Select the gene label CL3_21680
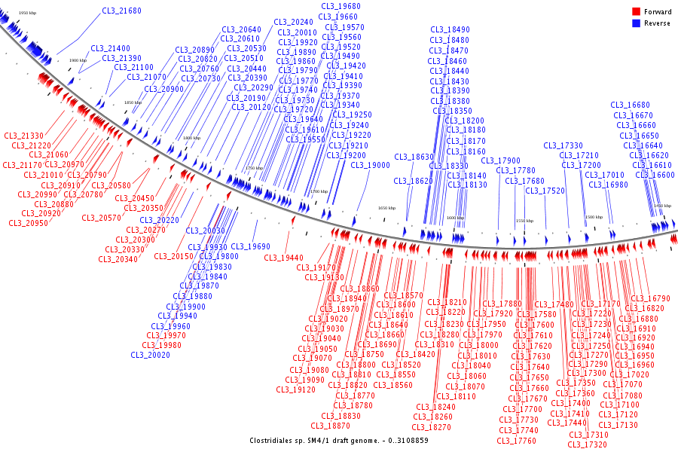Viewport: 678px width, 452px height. pos(121,11)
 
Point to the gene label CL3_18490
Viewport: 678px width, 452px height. pos(450,29)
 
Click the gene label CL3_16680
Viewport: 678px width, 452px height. pos(630,105)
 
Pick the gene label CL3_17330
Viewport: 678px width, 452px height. pos(563,145)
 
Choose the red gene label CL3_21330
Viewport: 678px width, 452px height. pos(23,136)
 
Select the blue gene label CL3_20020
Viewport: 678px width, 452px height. pos(150,355)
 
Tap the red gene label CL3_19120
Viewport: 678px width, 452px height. pos(295,389)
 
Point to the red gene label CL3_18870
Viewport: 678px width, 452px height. pos(341,426)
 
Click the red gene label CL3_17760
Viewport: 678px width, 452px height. pos(517,440)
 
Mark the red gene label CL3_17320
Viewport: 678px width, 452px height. pos(588,444)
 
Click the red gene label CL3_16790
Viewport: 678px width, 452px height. pos(650,298)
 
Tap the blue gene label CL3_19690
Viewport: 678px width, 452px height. pos(250,246)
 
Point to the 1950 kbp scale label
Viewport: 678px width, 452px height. pos(27,14)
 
